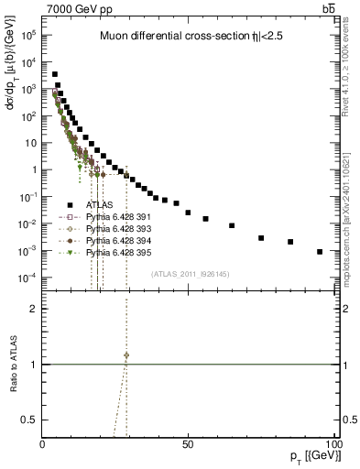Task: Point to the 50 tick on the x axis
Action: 187,443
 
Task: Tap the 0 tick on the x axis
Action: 43,443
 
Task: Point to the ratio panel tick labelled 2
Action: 33,309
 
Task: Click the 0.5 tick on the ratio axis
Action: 29,419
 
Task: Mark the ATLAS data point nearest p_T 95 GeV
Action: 320,251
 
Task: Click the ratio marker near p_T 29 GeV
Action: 126,354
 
